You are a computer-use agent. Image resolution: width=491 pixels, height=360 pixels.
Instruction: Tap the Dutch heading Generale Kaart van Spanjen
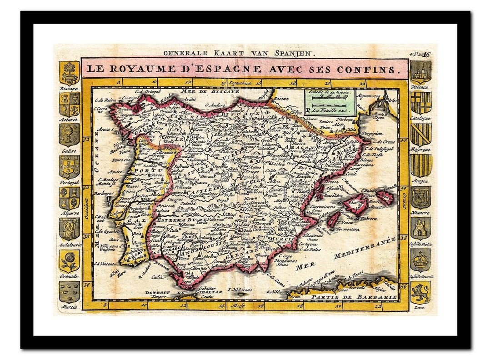pos(239,53)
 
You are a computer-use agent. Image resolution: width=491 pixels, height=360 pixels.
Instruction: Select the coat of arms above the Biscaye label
pos(69,73)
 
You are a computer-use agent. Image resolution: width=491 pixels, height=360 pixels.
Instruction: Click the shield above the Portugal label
pos(69,167)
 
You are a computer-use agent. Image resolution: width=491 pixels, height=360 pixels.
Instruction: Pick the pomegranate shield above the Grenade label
pos(69,261)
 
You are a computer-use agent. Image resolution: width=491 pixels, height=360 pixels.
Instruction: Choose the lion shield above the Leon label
pos(421,292)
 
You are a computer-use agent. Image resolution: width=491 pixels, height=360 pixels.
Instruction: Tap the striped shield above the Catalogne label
pos(421,103)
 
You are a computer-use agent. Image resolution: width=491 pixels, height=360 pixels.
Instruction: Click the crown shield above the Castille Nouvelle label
pos(421,260)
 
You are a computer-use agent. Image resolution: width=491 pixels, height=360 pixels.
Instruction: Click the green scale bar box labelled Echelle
pos(330,101)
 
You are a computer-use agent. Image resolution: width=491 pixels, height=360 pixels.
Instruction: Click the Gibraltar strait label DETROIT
pos(157,292)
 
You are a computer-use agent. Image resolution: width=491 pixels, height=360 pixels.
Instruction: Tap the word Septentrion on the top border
pos(239,83)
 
